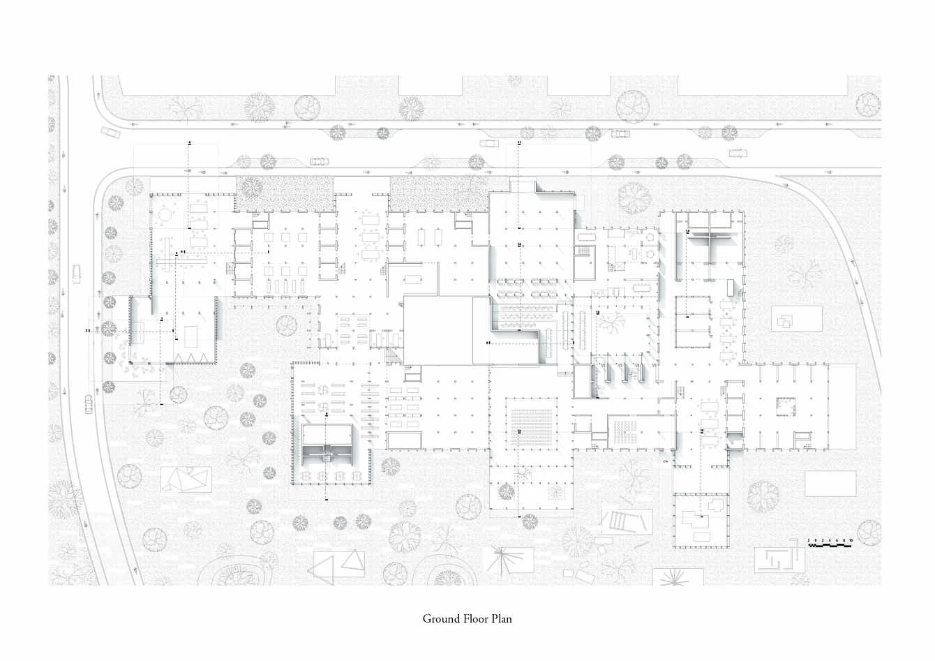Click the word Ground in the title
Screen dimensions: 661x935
[440, 619]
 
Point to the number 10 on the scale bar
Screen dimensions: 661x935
[851, 540]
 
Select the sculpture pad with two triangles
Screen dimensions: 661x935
[338, 563]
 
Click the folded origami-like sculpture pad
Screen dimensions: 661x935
[186, 480]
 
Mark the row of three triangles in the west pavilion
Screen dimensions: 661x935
[192, 357]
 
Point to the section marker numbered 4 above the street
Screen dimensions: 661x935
[189, 142]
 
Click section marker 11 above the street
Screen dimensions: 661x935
[519, 142]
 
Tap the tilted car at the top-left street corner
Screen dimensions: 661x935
[110, 132]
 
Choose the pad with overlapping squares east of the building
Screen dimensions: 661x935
[786, 320]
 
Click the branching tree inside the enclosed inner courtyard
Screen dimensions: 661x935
[614, 324]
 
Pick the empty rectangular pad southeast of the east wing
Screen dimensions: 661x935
[830, 484]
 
